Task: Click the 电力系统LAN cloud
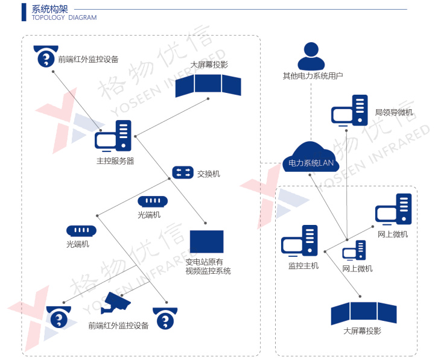point(311,157)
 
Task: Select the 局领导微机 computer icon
point(349,110)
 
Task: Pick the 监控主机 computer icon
point(299,241)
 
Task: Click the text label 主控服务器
point(115,161)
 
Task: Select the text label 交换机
point(209,174)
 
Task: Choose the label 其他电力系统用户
point(313,76)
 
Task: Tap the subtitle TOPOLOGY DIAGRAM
point(63,18)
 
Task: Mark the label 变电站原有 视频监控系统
point(208,267)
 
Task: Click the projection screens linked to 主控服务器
point(208,84)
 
